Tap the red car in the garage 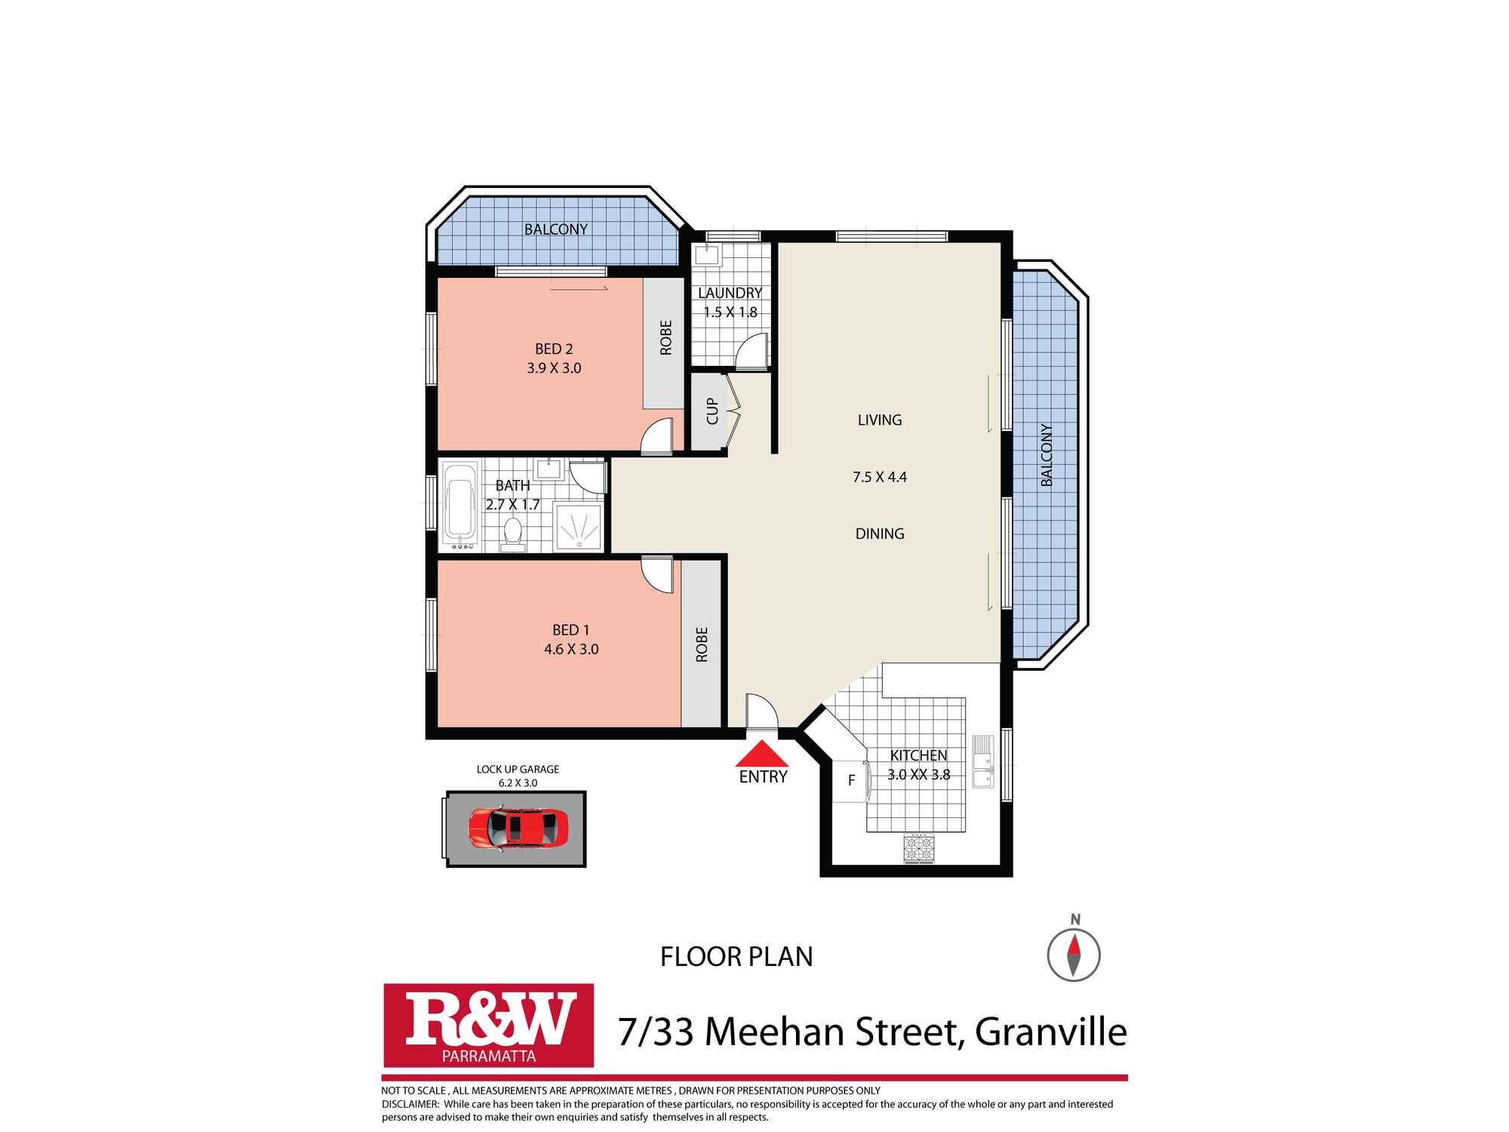tap(518, 829)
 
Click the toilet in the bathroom tap(514, 533)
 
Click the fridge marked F tap(851, 781)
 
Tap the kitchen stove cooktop tap(919, 847)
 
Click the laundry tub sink tap(708, 255)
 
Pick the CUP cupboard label tap(712, 411)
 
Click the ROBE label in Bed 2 tap(665, 337)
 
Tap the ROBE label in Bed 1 tap(702, 644)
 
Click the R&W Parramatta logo tap(489, 1024)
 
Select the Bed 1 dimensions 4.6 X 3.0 tap(571, 649)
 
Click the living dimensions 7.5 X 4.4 tap(880, 477)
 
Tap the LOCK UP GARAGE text tap(518, 769)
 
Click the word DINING tap(880, 534)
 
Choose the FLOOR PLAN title tap(736, 957)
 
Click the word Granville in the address tap(1051, 1032)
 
